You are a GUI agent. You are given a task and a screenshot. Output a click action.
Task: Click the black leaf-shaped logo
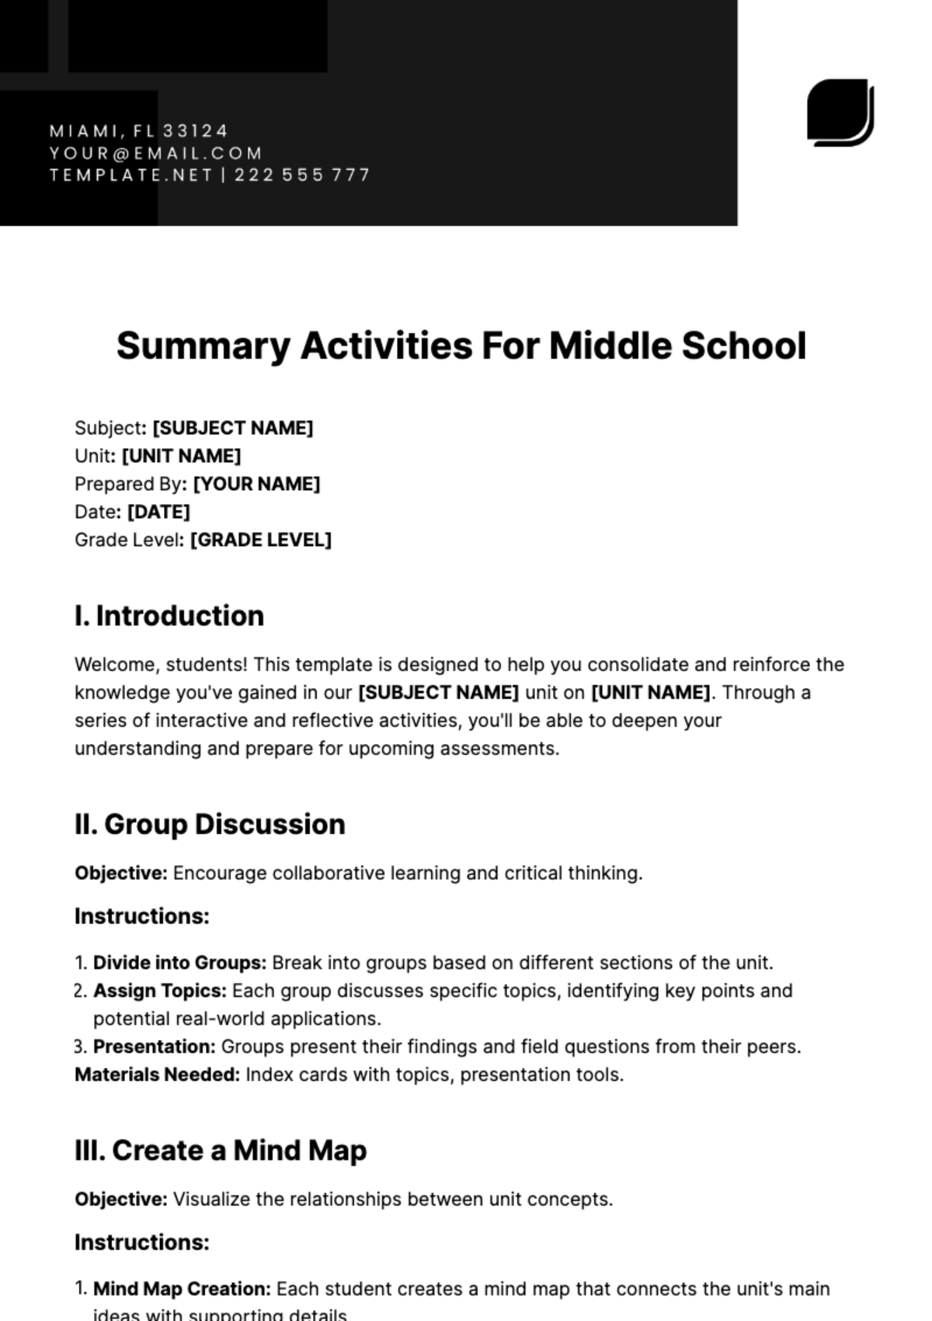[840, 112]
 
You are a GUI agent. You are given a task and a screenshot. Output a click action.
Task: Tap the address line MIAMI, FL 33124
[139, 130]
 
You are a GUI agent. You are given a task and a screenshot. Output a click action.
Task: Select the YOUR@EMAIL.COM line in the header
[156, 153]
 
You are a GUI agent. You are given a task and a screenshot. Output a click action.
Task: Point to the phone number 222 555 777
[302, 175]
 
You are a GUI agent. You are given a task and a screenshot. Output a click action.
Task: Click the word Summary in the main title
[203, 346]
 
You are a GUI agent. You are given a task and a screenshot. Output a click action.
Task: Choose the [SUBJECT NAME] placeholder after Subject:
[232, 428]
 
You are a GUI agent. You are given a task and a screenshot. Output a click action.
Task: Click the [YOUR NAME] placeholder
[256, 484]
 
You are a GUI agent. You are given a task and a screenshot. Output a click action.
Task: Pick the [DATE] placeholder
[158, 512]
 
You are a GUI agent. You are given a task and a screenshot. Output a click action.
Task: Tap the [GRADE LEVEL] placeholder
[260, 540]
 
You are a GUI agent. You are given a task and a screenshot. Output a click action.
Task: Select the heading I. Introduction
[169, 616]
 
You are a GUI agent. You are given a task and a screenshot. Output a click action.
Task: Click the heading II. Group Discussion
[210, 824]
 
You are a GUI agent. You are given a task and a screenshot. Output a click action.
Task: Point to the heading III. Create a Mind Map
[221, 1150]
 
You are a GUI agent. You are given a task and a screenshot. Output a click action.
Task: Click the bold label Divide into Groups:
[179, 963]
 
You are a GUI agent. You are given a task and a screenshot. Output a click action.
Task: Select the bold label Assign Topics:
[160, 991]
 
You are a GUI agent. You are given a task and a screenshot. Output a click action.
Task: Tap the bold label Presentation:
[154, 1047]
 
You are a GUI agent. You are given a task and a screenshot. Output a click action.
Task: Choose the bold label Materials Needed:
[157, 1075]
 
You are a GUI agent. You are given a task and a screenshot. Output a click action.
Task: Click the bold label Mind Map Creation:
[182, 1289]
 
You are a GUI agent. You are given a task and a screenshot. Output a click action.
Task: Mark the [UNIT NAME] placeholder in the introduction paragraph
[651, 693]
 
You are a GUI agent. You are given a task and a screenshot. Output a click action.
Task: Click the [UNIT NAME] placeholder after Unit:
[181, 456]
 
